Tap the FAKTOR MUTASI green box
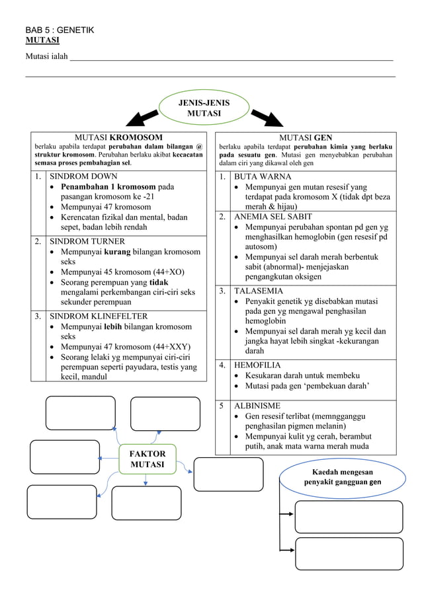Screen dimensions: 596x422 point(147,459)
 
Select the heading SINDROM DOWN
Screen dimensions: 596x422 point(84,176)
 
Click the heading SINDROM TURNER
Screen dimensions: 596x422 point(87,241)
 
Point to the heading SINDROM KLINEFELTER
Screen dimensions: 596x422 point(99,316)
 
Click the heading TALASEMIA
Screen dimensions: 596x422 point(259,291)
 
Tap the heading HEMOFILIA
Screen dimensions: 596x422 point(257,365)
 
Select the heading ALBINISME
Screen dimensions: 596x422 point(257,406)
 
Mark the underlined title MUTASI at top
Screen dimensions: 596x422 point(42,40)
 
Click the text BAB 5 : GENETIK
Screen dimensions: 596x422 point(60,30)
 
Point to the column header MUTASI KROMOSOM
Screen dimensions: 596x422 point(118,137)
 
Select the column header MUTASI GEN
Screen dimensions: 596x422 point(306,137)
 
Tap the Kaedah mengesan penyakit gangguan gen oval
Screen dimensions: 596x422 point(342,477)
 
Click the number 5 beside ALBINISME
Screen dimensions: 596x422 point(222,406)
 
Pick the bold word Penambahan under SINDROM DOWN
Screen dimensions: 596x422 point(89,187)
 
